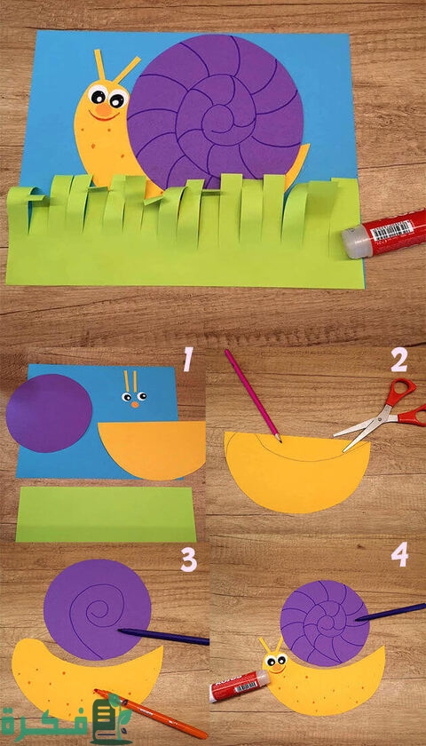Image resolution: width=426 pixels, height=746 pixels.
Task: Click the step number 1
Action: click(189, 359)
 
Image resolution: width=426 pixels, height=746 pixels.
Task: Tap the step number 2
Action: click(398, 361)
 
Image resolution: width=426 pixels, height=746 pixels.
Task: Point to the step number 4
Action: click(400, 556)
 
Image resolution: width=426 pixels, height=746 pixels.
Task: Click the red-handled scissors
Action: click(385, 418)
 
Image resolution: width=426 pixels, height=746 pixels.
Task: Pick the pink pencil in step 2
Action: click(253, 396)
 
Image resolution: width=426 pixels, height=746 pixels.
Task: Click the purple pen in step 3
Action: click(163, 637)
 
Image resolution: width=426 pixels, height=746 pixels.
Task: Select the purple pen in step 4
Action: click(390, 612)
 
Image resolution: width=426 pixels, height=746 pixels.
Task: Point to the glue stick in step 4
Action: click(240, 685)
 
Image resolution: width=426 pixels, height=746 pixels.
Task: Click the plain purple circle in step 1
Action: click(49, 413)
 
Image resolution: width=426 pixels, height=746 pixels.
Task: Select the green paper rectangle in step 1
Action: click(106, 514)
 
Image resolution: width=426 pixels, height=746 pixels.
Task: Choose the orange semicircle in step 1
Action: click(152, 449)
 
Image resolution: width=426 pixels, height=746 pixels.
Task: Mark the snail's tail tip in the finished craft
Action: click(308, 145)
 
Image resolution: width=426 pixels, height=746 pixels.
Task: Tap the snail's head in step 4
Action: click(276, 663)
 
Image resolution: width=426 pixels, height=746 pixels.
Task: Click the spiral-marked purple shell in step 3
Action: click(98, 609)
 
